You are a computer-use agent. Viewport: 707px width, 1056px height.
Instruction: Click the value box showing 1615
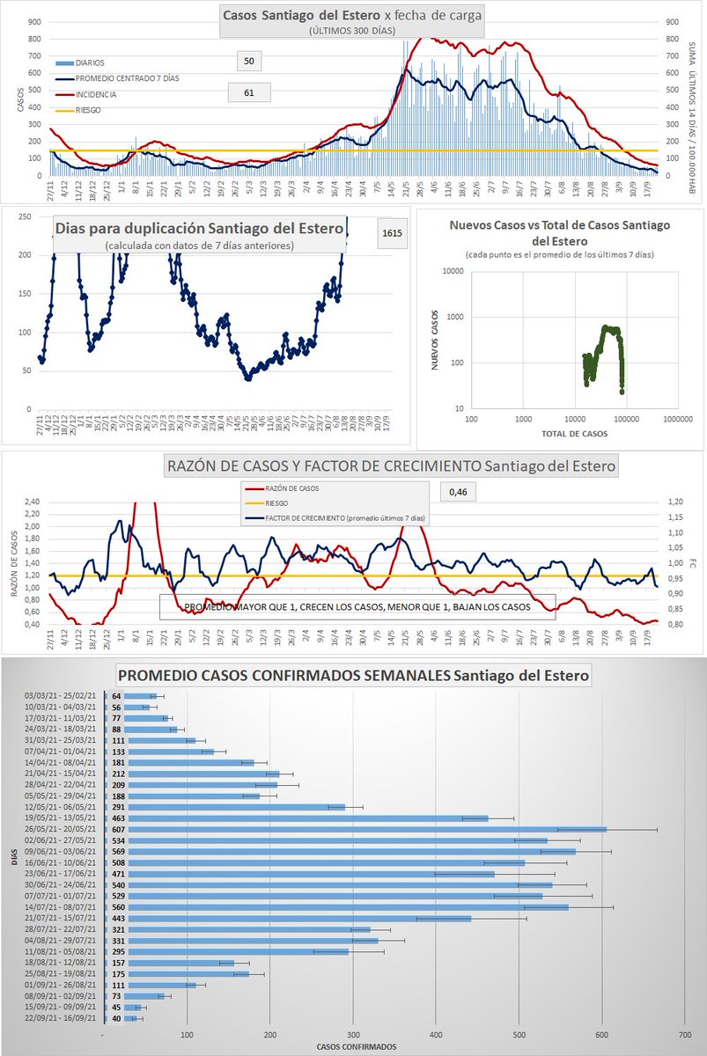point(393,233)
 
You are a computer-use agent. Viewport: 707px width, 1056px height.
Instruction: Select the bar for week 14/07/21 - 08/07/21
point(335,906)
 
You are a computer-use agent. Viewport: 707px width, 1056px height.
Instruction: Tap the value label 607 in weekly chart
point(116,829)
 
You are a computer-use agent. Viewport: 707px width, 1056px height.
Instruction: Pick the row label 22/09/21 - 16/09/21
point(64,1018)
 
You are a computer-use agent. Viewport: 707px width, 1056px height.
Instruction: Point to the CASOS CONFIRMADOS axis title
point(356,1046)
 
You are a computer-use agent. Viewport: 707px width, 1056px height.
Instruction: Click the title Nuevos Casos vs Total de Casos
point(560,232)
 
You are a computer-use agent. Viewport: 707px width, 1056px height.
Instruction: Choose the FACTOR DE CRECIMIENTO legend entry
point(337,520)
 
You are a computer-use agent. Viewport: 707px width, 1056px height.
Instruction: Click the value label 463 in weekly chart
point(116,818)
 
